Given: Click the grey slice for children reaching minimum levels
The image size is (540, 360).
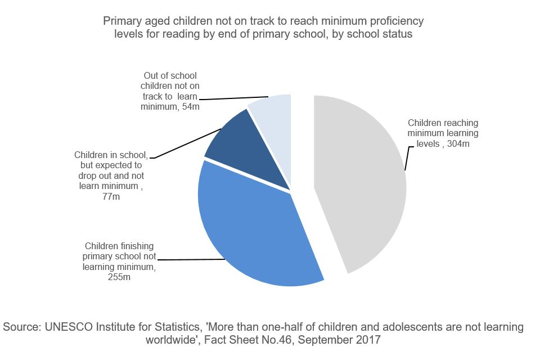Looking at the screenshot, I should pos(360,180).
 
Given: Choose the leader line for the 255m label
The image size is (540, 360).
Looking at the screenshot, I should pos(191,259).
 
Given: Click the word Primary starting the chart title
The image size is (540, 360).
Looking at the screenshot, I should pos(120,21).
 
